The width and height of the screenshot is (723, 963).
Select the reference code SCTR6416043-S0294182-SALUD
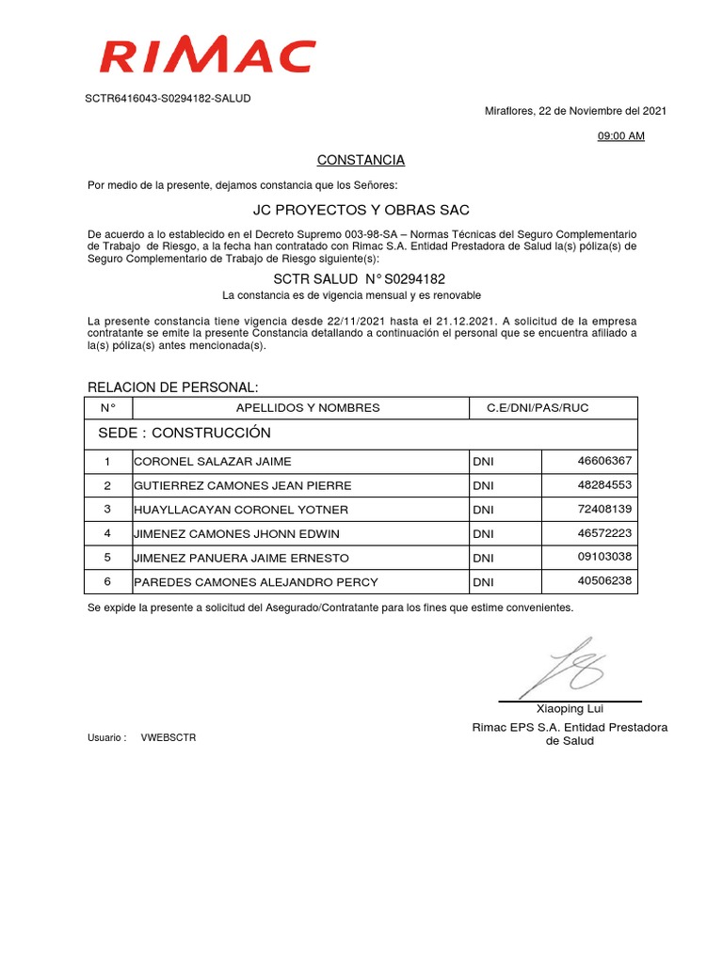(x=169, y=98)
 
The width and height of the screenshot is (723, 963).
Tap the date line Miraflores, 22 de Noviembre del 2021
(x=575, y=111)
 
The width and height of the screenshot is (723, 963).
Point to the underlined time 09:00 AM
(x=621, y=136)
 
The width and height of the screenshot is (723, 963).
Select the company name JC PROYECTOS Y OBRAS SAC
(x=361, y=209)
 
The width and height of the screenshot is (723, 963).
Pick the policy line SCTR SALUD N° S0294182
(x=359, y=279)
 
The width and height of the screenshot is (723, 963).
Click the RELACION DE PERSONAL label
(x=172, y=388)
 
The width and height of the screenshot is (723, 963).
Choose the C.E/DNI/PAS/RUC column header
(x=537, y=408)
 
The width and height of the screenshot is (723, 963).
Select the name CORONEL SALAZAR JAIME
(x=213, y=462)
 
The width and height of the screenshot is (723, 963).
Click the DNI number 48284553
(x=604, y=485)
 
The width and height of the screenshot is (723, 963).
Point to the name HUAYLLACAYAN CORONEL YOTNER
(x=241, y=510)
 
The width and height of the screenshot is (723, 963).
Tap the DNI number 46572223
(x=604, y=533)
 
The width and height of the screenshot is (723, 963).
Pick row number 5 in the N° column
(x=107, y=558)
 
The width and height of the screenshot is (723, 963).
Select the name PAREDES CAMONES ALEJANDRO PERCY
(x=247, y=582)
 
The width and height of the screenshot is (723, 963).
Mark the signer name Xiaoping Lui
(x=570, y=709)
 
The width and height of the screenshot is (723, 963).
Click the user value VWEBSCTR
(x=169, y=738)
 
